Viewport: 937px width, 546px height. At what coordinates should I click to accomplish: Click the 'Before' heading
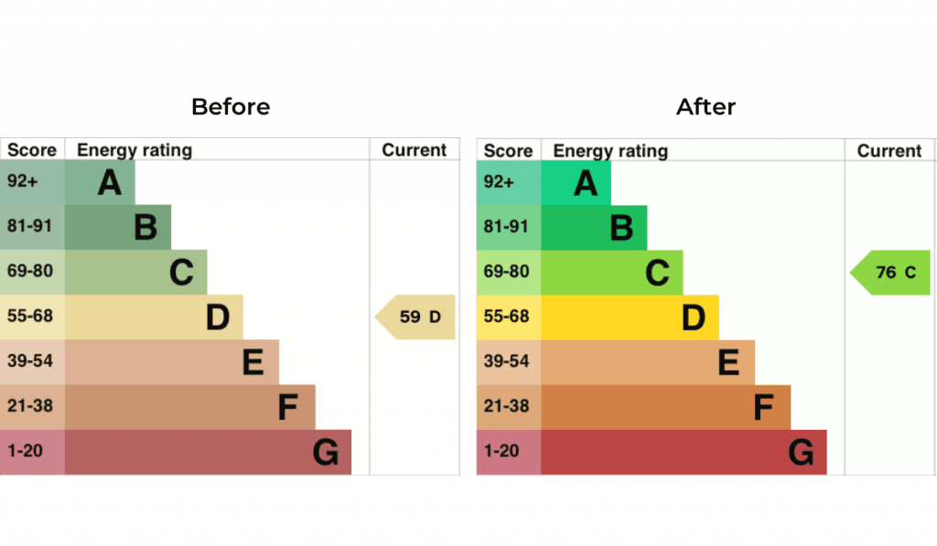tap(231, 107)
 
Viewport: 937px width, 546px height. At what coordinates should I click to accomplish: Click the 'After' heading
tap(705, 107)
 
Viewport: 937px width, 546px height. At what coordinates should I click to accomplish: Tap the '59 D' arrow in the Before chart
tap(417, 317)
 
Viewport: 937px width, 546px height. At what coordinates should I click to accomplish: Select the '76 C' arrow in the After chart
tap(893, 273)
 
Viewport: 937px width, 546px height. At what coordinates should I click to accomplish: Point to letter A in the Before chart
tap(110, 183)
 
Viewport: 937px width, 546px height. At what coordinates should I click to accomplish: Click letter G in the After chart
tap(801, 453)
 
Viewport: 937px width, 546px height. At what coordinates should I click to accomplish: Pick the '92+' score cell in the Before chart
tap(23, 181)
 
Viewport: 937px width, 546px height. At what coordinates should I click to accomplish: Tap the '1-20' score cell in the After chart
tap(500, 452)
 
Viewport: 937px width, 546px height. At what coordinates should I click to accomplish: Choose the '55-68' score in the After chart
tap(506, 316)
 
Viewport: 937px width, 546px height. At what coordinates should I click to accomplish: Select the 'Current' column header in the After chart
tap(889, 151)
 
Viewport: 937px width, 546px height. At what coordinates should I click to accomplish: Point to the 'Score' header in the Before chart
tap(32, 151)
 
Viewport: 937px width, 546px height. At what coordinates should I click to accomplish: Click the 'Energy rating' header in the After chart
tap(610, 151)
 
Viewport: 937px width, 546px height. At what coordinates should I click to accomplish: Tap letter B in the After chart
tap(621, 228)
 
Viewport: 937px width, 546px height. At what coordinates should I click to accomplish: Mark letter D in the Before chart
tap(217, 317)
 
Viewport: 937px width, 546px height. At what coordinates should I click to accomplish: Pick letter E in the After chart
tap(728, 363)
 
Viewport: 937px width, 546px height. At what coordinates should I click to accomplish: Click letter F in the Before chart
tap(288, 408)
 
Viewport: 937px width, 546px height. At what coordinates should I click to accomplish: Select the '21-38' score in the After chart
tap(506, 406)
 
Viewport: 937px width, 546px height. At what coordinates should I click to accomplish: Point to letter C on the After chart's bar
tap(657, 273)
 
